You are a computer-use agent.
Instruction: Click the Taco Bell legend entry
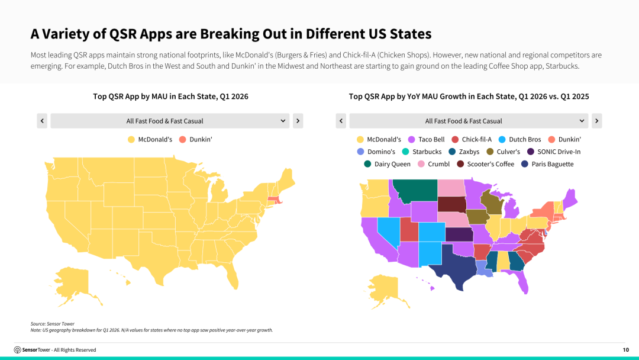[426, 139]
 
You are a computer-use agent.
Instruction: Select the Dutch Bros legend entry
[519, 139]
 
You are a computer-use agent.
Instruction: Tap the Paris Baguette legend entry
[547, 164]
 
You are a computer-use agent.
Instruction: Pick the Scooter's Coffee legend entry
[485, 164]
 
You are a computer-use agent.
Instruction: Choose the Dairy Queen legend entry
[387, 164]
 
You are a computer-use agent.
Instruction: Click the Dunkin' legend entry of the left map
[196, 139]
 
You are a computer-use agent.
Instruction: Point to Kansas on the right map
[459, 234]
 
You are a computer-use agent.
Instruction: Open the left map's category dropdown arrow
[283, 121]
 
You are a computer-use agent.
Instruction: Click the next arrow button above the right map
[596, 121]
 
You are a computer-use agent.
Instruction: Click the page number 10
[625, 350]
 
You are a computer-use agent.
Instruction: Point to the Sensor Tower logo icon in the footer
[18, 350]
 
